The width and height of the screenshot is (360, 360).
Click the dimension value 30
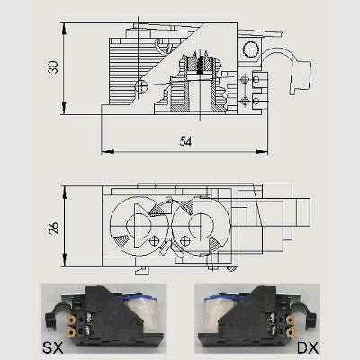pos(53,67)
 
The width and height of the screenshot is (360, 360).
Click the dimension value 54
pos(185,141)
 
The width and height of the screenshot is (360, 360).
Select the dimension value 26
pos(53,229)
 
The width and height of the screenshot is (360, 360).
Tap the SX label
pos(53,347)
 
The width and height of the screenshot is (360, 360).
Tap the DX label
pos(308,347)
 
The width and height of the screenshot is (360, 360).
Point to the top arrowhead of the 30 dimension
pos(64,28)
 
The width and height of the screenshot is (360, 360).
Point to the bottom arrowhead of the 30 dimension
pos(64,108)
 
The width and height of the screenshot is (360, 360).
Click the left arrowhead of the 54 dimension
pos(108,152)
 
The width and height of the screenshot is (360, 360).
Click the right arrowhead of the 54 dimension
pos(261,152)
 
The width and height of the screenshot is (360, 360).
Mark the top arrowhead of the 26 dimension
pos(64,193)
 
